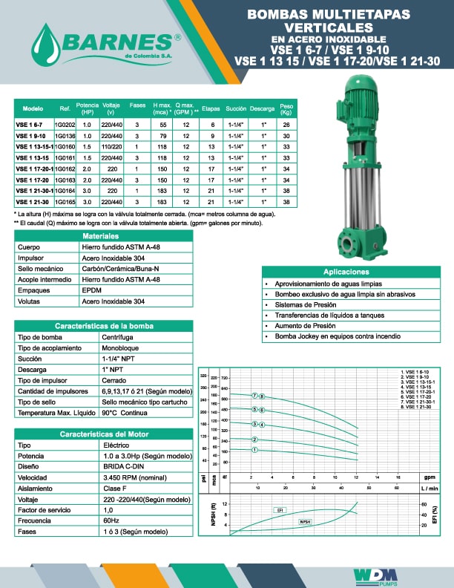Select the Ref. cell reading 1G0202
coord(65,125)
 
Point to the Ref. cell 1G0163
coord(65,180)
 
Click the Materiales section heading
coord(103,235)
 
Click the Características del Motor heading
coord(103,434)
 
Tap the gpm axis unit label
coord(429,477)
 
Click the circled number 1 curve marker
coord(254,450)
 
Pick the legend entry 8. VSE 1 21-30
coord(419,408)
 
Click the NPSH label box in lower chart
coord(305,523)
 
